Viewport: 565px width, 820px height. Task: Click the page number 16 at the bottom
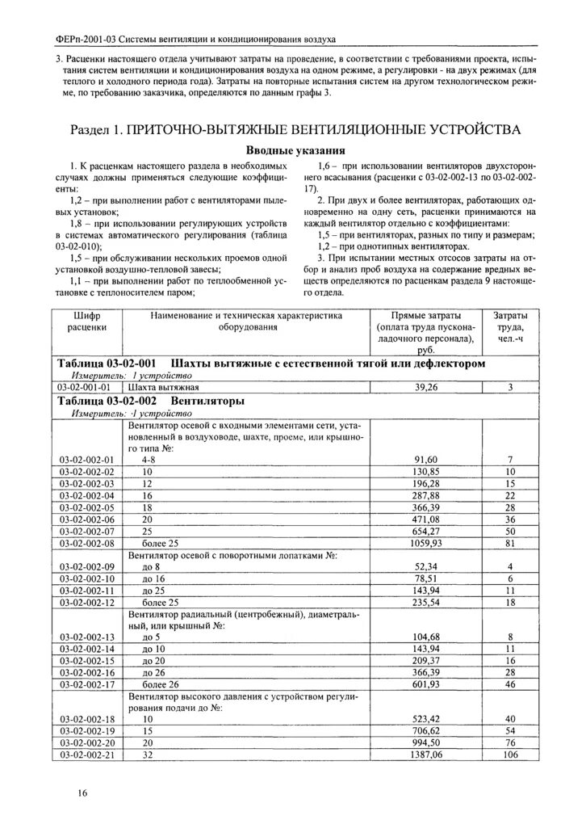[x=83, y=793]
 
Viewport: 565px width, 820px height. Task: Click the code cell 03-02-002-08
[x=88, y=544]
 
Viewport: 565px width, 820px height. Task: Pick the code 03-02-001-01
[x=88, y=387]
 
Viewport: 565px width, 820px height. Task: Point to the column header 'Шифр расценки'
[x=88, y=322]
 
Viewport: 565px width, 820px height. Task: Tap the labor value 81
[x=510, y=544]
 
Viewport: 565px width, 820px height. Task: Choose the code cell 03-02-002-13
[x=88, y=637]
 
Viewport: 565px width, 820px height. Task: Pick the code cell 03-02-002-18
[x=88, y=718]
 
